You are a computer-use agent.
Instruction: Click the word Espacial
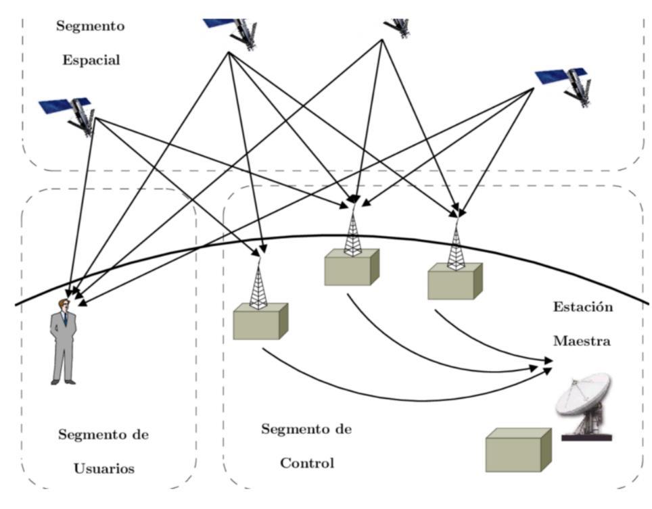[x=91, y=60]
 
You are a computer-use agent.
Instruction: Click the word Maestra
[x=582, y=341]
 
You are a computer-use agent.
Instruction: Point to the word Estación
[x=582, y=308]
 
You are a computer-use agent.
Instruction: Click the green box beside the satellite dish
[x=518, y=450]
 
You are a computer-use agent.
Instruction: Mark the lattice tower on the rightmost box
[x=456, y=247]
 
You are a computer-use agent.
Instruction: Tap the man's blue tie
[x=65, y=318]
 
